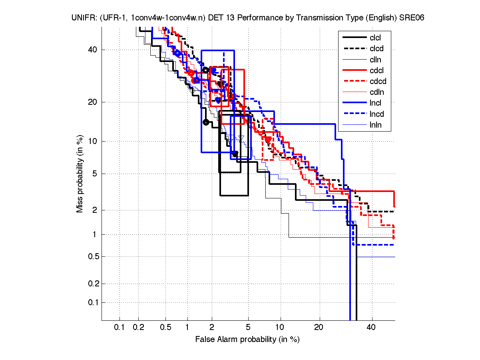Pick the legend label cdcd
(378, 82)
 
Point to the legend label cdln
(376, 92)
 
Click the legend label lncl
(375, 103)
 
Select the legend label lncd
(376, 114)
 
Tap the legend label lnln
(375, 125)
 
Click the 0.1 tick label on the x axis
(120, 328)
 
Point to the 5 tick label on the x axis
(248, 328)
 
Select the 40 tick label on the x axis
(371, 328)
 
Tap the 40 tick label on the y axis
(93, 50)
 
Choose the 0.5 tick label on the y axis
(92, 256)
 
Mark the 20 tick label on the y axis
(93, 102)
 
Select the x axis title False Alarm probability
(247, 340)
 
